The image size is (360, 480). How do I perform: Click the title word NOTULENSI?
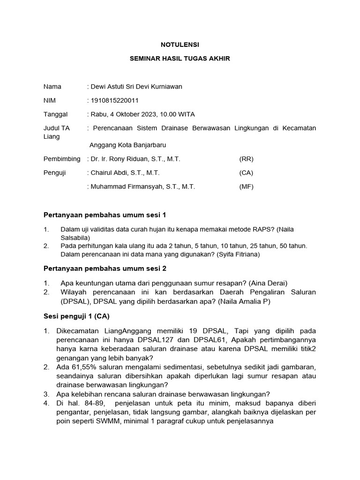(x=180, y=45)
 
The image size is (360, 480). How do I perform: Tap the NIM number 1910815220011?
(x=114, y=100)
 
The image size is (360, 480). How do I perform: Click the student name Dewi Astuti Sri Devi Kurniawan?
(x=136, y=87)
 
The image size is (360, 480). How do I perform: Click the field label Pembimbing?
(x=62, y=159)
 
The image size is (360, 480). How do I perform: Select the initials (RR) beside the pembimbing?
(x=246, y=159)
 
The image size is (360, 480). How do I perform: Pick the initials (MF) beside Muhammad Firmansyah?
(x=246, y=187)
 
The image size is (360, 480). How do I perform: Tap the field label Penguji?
(x=55, y=173)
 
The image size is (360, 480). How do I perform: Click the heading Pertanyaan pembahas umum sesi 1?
(x=105, y=215)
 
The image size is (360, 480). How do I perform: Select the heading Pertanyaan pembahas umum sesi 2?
(x=105, y=269)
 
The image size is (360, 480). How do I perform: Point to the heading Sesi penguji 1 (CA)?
(x=76, y=316)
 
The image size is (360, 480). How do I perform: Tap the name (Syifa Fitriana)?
(x=238, y=255)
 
